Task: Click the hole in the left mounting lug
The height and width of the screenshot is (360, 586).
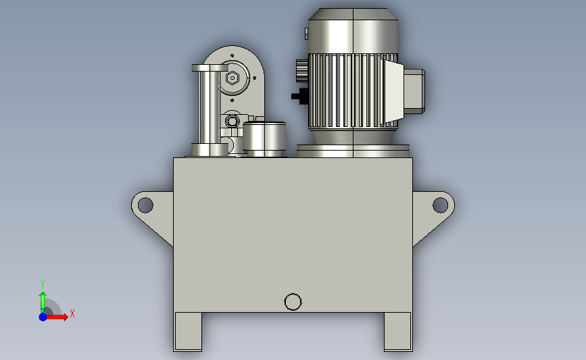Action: [145, 205]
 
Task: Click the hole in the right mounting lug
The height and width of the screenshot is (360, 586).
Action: [440, 205]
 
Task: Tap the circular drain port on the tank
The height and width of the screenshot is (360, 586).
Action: [293, 302]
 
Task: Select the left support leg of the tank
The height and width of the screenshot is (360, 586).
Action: [188, 332]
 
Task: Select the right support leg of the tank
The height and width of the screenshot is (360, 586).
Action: [398, 332]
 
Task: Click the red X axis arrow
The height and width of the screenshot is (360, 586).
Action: [57, 317]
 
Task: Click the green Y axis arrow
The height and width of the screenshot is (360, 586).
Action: [43, 303]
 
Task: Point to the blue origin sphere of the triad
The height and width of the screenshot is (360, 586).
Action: [43, 317]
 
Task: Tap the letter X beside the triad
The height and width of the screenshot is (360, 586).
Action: [72, 313]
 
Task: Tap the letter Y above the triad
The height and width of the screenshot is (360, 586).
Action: [43, 284]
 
